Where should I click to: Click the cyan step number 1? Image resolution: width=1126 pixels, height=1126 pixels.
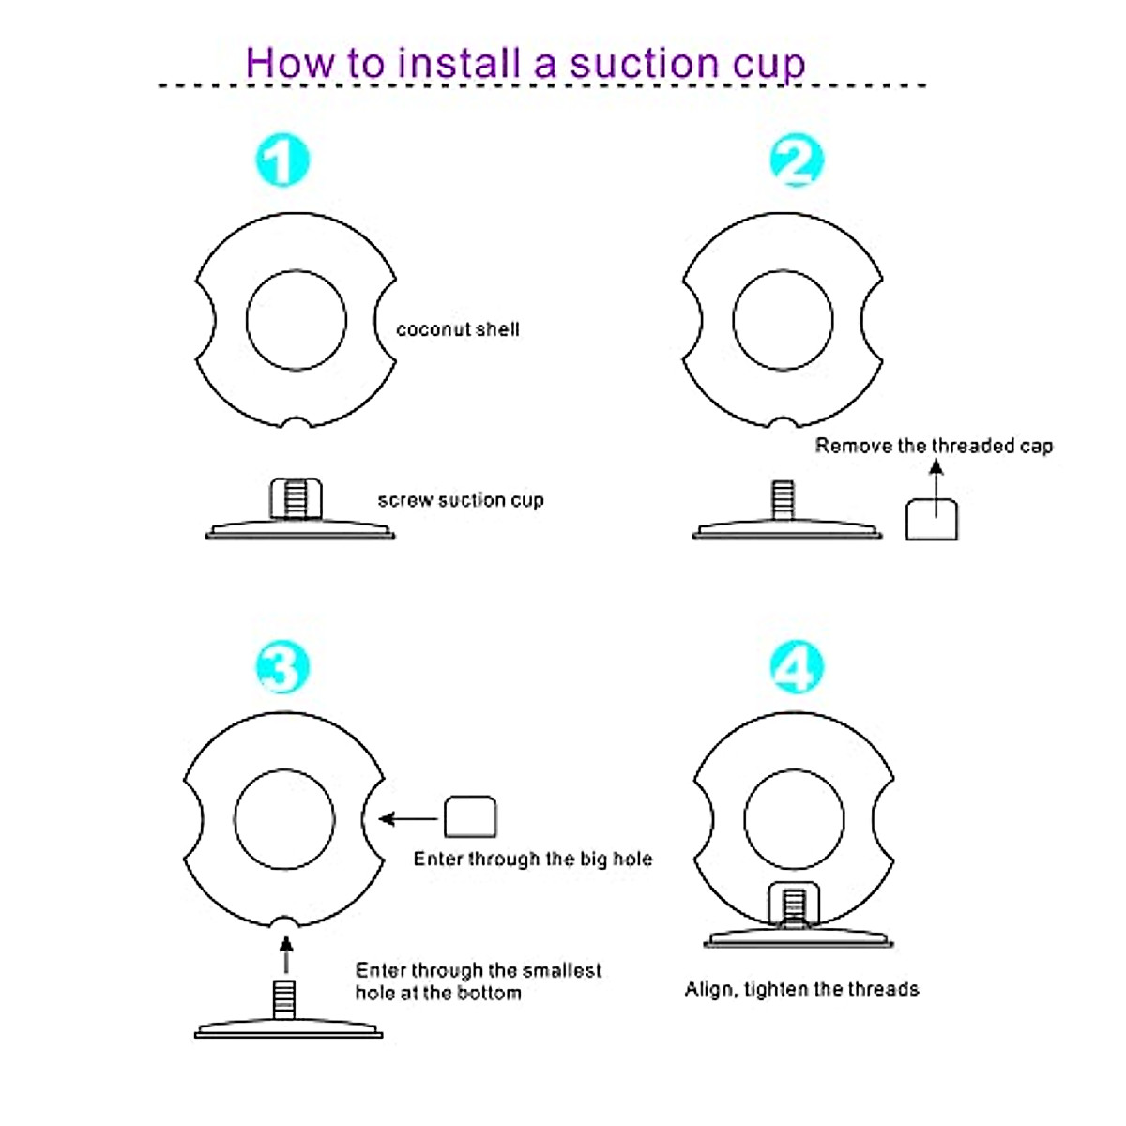(x=281, y=160)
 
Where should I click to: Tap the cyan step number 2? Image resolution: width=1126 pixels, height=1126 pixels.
(x=797, y=160)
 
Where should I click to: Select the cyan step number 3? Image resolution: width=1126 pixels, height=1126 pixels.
(x=282, y=667)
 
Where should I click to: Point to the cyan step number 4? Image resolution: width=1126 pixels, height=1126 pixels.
(x=797, y=667)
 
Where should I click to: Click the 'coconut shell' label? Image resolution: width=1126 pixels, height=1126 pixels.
(x=457, y=329)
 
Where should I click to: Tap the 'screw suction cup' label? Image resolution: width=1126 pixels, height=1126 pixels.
(x=461, y=500)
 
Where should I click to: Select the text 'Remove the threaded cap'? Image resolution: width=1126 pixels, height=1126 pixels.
(x=934, y=446)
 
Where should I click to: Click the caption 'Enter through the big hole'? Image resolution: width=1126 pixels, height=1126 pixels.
(x=532, y=859)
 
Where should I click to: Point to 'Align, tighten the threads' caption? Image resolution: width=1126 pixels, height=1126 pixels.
(x=801, y=989)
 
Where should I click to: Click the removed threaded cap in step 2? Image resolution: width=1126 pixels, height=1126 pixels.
(x=932, y=519)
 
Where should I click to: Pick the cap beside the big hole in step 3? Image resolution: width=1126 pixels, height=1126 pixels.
(x=469, y=817)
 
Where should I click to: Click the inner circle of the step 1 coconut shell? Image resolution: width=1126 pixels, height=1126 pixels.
(x=296, y=321)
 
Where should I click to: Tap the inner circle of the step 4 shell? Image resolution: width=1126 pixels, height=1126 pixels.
(x=794, y=819)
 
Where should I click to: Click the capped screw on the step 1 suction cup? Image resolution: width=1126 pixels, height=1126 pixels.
(x=296, y=497)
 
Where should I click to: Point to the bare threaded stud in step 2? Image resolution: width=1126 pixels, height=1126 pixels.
(x=783, y=499)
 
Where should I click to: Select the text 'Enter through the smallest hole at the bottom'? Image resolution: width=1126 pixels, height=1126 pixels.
(x=478, y=981)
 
